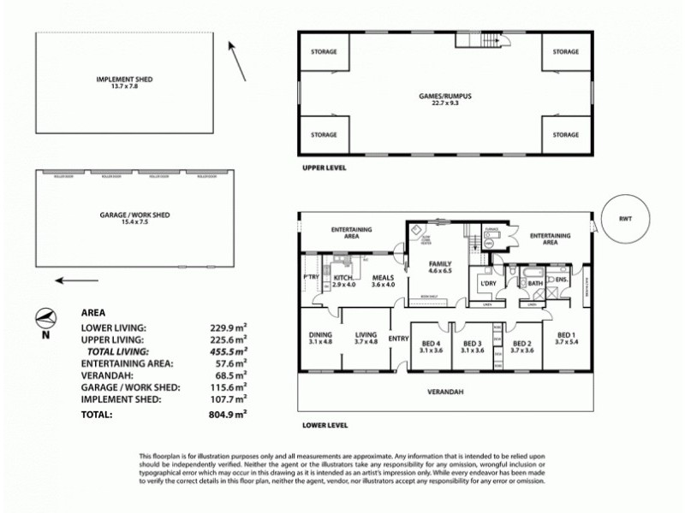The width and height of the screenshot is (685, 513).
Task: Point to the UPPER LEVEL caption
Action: click(324, 168)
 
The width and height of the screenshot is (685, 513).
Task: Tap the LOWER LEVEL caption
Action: click(324, 423)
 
